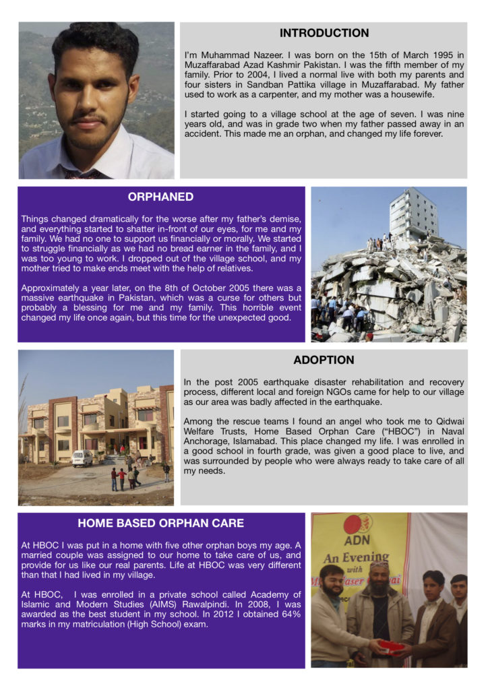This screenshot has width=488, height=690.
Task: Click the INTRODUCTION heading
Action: point(324,33)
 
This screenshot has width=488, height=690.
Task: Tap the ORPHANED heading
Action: point(160,197)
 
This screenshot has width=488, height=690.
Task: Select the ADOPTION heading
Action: point(324,360)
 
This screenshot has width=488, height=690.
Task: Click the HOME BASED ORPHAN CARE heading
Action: point(160,523)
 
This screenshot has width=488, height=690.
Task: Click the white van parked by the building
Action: point(82,458)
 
